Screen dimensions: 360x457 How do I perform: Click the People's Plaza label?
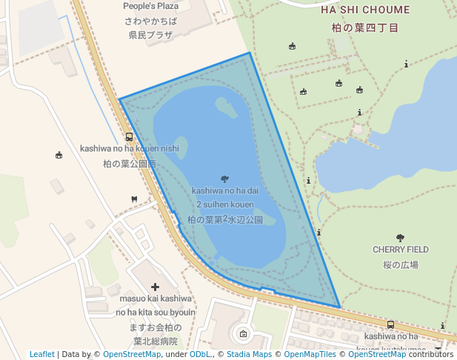[x=150, y=7]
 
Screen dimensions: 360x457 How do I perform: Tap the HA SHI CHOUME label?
[x=365, y=10]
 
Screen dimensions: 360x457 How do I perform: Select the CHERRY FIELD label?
[x=400, y=250]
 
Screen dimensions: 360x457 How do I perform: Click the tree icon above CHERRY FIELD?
[x=400, y=238]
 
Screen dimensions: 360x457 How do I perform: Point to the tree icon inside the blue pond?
[x=224, y=179]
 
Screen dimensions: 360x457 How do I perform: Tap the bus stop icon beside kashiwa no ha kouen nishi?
[x=129, y=136]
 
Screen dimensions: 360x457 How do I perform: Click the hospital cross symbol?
[x=155, y=287]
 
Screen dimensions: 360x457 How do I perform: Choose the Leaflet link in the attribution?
[x=41, y=354]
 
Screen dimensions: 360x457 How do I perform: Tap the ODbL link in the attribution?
[x=201, y=354]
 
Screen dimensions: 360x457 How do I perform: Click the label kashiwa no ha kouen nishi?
[x=129, y=148]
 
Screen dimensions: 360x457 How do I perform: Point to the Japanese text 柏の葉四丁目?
[x=365, y=27]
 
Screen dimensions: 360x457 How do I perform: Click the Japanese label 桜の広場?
[x=400, y=264]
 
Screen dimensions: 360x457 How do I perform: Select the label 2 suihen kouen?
[x=225, y=204]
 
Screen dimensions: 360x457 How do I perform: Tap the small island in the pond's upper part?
[x=227, y=107]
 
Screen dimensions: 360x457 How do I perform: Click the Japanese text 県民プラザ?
[x=150, y=35]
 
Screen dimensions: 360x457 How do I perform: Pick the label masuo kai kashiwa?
[x=156, y=299]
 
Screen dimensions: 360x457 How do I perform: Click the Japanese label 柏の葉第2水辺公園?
[x=225, y=220]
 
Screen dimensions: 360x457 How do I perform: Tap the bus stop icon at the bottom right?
[x=390, y=324]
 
